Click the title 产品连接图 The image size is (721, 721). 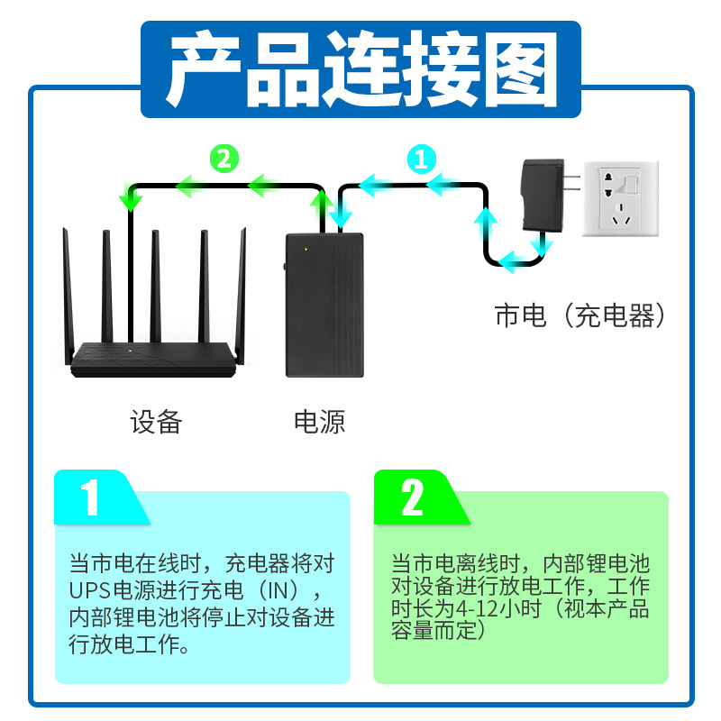360,68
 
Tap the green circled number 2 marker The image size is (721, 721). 224,159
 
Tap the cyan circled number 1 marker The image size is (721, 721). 420,160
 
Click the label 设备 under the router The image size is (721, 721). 156,421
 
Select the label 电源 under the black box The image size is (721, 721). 319,421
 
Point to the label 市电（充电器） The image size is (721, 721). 580,315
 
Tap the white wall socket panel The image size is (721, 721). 620,199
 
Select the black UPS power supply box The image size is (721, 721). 324,304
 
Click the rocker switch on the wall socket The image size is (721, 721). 634,185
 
